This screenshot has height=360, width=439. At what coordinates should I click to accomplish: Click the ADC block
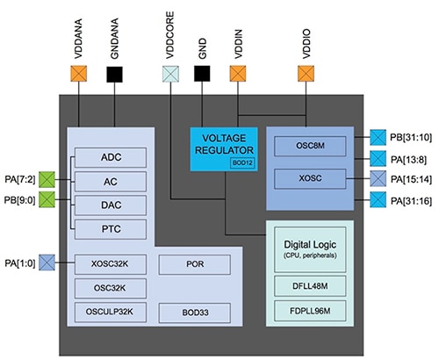[x=110, y=157]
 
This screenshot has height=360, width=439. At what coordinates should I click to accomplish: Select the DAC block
[x=110, y=204]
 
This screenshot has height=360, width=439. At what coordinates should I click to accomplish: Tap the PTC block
[x=110, y=228]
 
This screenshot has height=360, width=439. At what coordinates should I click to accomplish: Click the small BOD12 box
[x=240, y=162]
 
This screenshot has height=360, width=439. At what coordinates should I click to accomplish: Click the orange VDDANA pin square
[x=79, y=75]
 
